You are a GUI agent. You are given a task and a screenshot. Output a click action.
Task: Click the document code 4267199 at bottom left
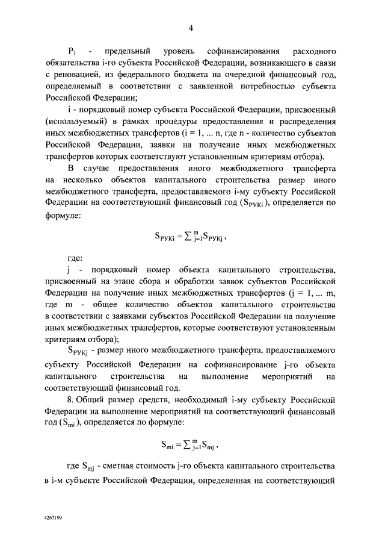(x=54, y=517)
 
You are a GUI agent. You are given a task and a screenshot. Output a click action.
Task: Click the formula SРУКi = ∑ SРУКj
(x=192, y=235)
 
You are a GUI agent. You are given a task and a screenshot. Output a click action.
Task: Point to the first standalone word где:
(x=75, y=259)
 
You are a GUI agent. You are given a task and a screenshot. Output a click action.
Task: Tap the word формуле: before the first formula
(x=64, y=214)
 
